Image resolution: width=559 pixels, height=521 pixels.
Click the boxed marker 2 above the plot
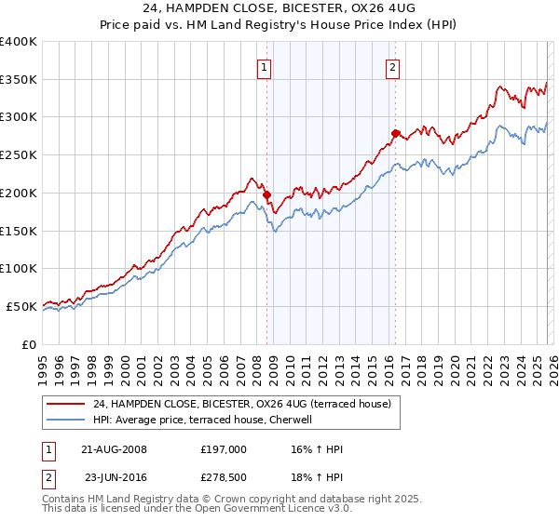(x=393, y=67)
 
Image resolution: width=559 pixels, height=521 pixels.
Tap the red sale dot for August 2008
(x=266, y=195)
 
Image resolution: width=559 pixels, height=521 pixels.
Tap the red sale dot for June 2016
(x=395, y=134)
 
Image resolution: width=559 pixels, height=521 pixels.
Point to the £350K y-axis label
(x=19, y=80)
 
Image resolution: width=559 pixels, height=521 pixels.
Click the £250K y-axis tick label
(x=19, y=155)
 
